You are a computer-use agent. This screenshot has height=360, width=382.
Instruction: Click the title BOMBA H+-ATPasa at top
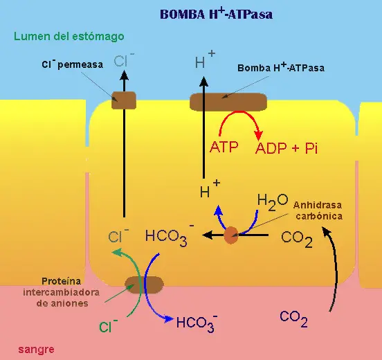(217, 14)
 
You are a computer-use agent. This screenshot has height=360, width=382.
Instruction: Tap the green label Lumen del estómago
(69, 37)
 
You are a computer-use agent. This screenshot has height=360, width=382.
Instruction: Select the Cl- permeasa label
(73, 64)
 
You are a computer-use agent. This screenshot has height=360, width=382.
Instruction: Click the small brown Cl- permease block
(124, 100)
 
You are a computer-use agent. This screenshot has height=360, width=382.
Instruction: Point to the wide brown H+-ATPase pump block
(228, 102)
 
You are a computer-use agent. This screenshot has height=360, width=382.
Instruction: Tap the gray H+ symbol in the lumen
(205, 60)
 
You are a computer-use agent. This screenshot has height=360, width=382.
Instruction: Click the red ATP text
(224, 147)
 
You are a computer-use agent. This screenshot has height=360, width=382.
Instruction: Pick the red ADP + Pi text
(286, 148)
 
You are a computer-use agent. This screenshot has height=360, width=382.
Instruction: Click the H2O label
(273, 202)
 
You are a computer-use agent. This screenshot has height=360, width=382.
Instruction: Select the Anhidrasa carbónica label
(318, 210)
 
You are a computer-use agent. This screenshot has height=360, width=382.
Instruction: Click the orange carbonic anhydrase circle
(231, 235)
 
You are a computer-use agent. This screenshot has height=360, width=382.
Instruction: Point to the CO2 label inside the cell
(297, 239)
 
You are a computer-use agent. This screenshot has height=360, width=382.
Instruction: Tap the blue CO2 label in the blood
(293, 318)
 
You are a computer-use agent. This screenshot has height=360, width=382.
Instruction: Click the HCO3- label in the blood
(197, 323)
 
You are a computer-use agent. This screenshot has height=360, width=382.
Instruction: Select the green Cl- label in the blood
(109, 325)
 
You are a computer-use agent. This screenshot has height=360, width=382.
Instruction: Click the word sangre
(36, 350)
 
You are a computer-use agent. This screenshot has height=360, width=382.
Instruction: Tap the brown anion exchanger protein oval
(144, 285)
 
